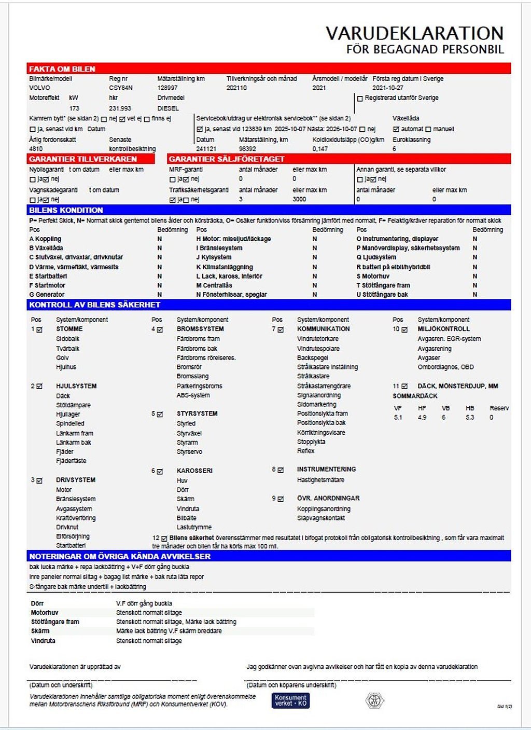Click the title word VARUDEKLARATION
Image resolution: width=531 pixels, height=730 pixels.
point(414,33)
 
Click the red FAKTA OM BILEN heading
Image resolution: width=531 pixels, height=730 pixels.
point(62,69)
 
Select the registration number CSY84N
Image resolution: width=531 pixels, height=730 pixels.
point(121,88)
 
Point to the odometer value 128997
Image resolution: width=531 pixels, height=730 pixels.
point(167,88)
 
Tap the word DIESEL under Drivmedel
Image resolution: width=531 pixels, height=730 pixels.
point(168,108)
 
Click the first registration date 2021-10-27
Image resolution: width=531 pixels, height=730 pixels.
point(388,88)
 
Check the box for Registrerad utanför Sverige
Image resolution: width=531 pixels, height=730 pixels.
point(360,99)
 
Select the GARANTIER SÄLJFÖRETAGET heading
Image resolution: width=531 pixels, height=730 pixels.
point(227,159)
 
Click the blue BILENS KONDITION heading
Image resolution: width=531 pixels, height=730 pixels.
point(66,210)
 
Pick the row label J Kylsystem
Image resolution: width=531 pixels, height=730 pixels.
point(214,257)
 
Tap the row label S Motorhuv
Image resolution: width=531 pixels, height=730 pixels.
point(373,276)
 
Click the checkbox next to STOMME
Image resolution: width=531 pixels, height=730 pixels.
point(39,329)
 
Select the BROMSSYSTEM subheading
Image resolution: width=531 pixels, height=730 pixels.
point(200,329)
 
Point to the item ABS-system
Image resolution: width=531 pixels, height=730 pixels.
point(193,395)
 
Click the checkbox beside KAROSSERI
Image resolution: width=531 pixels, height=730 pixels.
point(160,472)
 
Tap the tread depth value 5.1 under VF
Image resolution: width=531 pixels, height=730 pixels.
point(398,418)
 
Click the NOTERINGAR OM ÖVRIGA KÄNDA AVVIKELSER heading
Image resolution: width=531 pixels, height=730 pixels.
point(120,556)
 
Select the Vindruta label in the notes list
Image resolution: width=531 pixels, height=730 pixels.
point(43,641)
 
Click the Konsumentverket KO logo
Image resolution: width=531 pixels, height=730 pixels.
point(290,700)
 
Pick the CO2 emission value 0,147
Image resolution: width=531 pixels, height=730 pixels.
point(320,149)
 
